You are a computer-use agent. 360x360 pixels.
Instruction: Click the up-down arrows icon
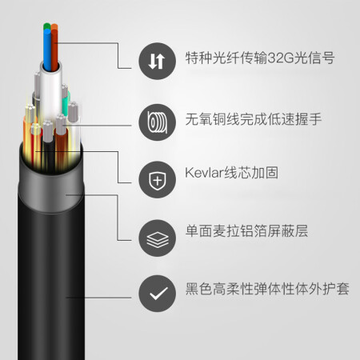click(x=157, y=61)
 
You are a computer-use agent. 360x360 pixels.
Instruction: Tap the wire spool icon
click(x=157, y=122)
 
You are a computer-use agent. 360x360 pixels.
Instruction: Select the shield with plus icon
click(x=157, y=180)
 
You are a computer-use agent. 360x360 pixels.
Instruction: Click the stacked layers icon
click(x=157, y=238)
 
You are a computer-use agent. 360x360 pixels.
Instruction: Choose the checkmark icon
click(x=157, y=294)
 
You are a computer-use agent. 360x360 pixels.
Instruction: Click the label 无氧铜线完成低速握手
click(x=254, y=119)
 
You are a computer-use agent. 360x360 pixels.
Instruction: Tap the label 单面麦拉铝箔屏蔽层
click(x=246, y=231)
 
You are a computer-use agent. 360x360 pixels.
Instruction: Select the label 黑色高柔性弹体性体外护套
click(x=267, y=289)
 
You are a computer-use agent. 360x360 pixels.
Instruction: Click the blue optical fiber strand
click(x=47, y=50)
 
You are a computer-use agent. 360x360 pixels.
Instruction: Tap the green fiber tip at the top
click(x=46, y=26)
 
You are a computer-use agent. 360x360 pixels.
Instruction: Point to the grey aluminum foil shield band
click(x=50, y=190)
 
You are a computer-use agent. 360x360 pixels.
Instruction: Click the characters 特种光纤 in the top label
click(x=213, y=58)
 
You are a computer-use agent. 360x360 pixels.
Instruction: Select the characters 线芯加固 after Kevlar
click(x=251, y=173)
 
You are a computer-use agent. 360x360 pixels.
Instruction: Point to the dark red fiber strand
click(x=54, y=50)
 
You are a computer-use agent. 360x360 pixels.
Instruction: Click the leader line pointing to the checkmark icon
click(x=98, y=298)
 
